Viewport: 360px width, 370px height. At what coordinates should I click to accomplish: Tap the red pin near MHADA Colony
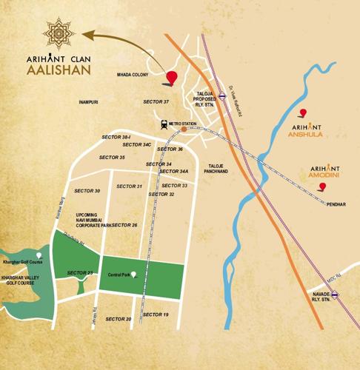(173, 78)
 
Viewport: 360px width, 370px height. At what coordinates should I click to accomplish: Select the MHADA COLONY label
(133, 75)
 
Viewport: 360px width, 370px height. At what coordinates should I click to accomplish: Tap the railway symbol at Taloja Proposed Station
(211, 94)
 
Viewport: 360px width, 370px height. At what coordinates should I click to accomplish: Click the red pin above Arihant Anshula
(301, 113)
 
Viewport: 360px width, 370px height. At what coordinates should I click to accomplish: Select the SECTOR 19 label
(156, 314)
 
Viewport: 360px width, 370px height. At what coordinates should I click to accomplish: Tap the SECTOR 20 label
(119, 319)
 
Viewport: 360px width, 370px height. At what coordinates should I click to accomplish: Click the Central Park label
(119, 275)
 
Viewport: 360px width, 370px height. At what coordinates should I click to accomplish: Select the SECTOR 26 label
(124, 224)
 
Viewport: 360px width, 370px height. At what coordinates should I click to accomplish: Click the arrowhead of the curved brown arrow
(86, 33)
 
